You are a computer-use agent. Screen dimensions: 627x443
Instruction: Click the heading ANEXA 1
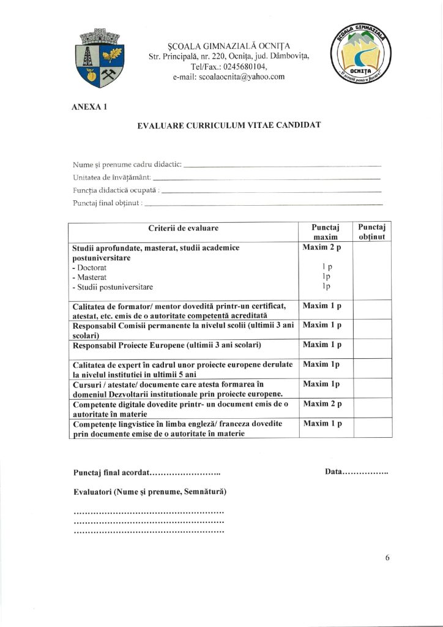(x=90, y=107)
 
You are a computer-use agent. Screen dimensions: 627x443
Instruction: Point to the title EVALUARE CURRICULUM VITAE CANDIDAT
(x=229, y=125)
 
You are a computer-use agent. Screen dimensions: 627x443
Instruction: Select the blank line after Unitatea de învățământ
(x=269, y=178)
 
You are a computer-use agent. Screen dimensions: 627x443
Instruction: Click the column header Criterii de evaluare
(x=183, y=228)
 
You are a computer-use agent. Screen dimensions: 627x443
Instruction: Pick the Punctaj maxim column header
(x=325, y=232)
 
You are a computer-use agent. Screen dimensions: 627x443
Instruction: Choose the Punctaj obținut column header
(x=373, y=232)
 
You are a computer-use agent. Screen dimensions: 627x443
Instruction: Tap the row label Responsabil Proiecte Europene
(x=166, y=345)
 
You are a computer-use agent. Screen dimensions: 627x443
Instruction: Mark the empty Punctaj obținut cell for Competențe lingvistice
(x=373, y=428)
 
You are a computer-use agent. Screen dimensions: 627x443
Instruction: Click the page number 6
(x=387, y=557)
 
